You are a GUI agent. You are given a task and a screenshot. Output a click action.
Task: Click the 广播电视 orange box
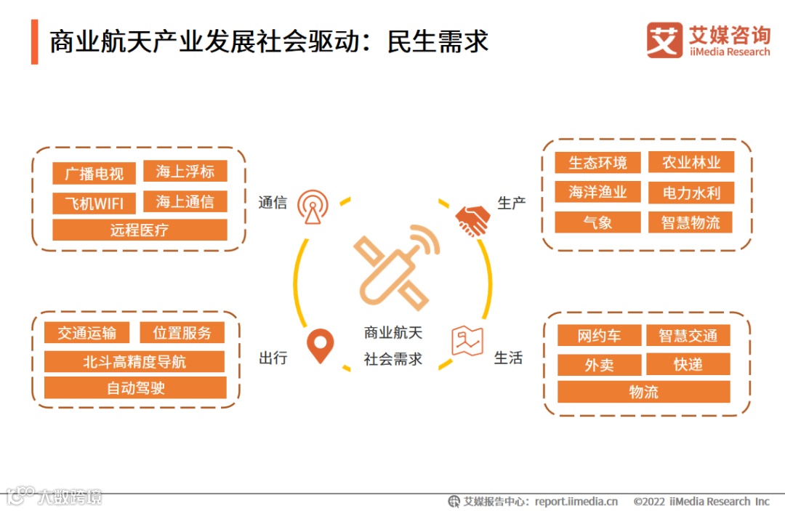(x=94, y=174)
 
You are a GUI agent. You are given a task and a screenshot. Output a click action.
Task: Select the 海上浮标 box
(x=185, y=172)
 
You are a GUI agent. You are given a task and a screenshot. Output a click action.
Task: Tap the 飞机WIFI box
(x=94, y=203)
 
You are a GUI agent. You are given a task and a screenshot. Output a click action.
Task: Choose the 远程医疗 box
(x=140, y=230)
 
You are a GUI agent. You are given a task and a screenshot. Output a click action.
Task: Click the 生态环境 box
(x=597, y=162)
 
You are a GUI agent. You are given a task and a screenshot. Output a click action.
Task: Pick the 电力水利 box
(x=691, y=193)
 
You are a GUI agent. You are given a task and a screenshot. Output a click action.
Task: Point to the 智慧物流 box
(x=691, y=222)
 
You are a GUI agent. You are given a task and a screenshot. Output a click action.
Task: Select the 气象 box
(x=597, y=222)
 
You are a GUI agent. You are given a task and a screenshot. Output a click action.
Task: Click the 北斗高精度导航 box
(x=134, y=362)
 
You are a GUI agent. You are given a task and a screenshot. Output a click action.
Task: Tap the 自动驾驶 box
(x=135, y=388)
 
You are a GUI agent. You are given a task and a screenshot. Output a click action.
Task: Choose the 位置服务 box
(x=182, y=333)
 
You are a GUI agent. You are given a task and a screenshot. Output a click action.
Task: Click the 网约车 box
(x=599, y=336)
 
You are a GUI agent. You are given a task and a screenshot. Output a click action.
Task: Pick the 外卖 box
(x=599, y=365)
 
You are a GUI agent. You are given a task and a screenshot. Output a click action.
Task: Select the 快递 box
(x=688, y=364)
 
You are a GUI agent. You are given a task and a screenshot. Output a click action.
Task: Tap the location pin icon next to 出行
(x=320, y=345)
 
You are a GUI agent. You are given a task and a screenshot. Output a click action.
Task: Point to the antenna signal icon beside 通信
(x=313, y=207)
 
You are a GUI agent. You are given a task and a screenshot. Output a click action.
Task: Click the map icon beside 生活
(x=467, y=340)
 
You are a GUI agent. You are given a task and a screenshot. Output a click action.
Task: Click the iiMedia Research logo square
(x=664, y=40)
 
